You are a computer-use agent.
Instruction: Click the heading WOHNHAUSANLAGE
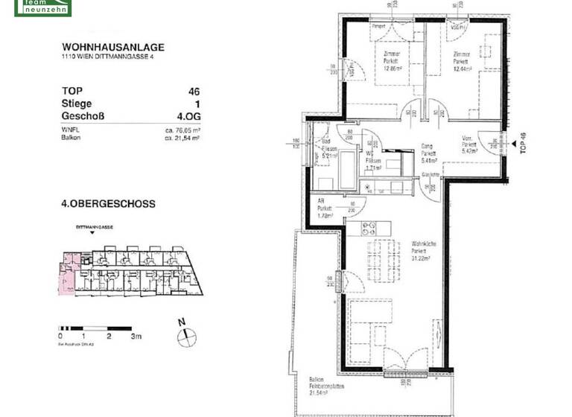113,47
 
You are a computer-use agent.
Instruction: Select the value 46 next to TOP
194,92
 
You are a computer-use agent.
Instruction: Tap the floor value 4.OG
187,116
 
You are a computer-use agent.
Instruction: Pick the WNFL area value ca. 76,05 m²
182,130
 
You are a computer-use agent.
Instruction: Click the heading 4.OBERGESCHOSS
108,203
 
